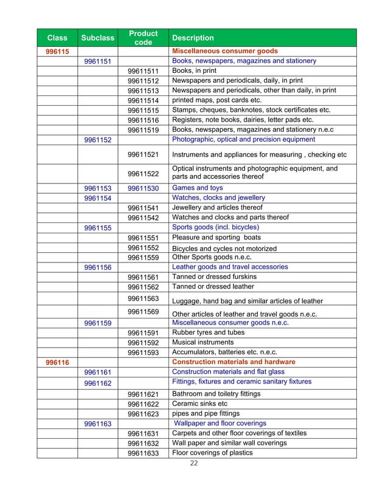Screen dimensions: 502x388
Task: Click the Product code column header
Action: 143,38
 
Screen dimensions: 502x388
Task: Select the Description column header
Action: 193,38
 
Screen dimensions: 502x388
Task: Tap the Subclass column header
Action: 97,38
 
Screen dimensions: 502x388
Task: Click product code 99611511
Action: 143,71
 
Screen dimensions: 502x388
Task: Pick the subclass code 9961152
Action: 97,140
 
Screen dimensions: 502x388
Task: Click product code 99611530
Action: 143,188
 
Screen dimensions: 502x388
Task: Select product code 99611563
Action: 143,298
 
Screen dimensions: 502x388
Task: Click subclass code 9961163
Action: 97,424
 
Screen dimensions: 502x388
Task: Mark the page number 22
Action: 193,464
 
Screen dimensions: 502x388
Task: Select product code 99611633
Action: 143,453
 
